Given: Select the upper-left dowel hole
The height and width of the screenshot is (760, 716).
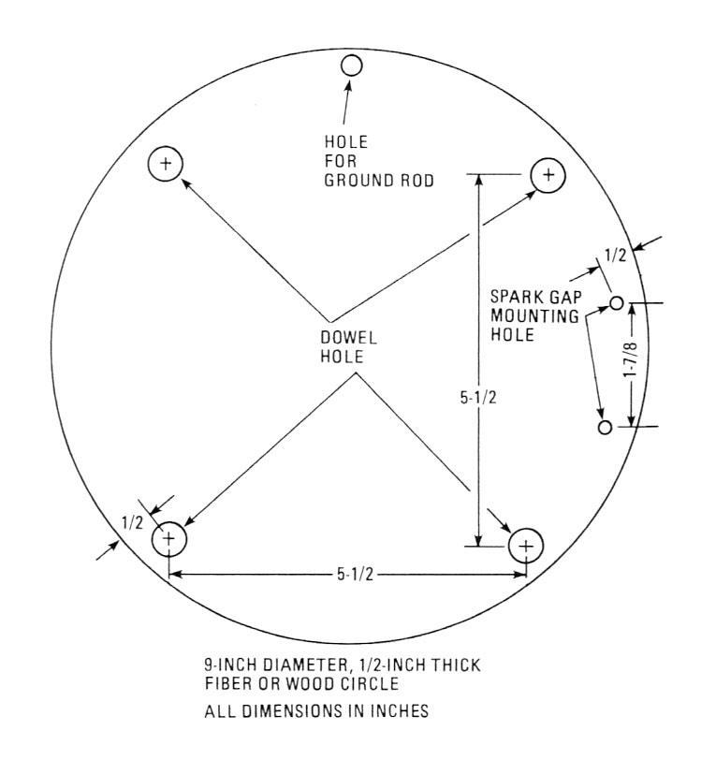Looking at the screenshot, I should point(166,165).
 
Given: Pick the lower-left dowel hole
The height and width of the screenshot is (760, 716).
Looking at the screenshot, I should point(169,538).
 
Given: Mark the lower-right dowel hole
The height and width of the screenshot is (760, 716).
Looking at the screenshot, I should point(526,546).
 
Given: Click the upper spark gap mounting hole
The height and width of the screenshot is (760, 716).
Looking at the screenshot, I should point(617,302).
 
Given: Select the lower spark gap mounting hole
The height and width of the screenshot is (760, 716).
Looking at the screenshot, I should point(605,427).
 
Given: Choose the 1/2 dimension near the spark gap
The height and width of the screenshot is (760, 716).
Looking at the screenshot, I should point(615,254).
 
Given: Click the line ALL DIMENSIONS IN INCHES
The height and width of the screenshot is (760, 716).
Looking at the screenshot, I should point(315,711).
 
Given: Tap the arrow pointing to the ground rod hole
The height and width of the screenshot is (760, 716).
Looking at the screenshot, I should point(347,99).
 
